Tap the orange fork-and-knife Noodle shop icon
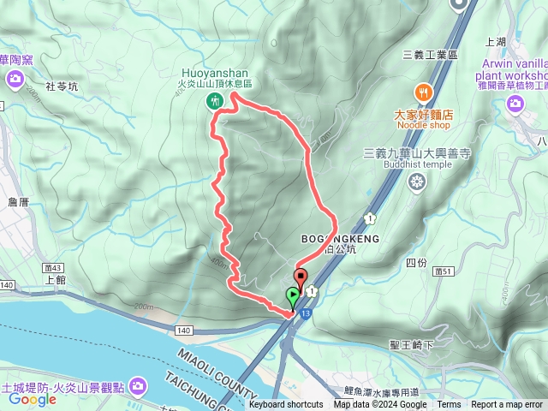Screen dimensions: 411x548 click(422, 92)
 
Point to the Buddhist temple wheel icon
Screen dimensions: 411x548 click(417, 181)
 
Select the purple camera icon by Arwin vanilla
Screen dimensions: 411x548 click(515, 103)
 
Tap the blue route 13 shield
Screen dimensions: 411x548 click(305, 316)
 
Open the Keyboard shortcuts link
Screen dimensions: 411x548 click(286, 405)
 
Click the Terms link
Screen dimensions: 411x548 click(449, 405)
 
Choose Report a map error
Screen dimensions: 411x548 click(508, 405)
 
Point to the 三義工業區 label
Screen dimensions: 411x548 click(432, 54)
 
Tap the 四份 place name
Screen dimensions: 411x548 click(416, 263)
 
